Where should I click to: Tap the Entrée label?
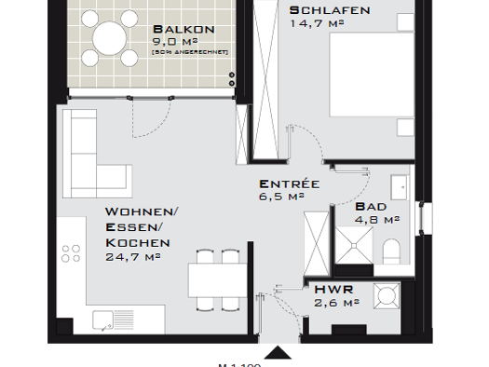pyautogui.click(x=290, y=183)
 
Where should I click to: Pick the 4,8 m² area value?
pyautogui.click(x=376, y=221)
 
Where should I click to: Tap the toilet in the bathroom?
pyautogui.click(x=393, y=250)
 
